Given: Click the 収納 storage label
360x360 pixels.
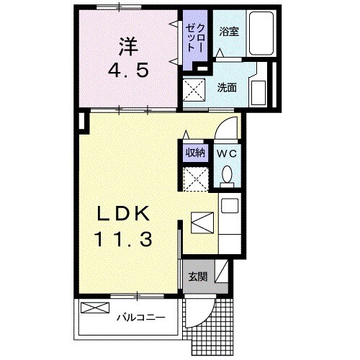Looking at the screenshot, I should coord(195,152).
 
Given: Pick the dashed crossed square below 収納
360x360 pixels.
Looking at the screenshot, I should coord(195,176).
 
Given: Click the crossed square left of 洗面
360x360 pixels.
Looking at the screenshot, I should coord(195,91).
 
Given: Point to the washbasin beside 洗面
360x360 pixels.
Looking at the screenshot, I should coord(258,91).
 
